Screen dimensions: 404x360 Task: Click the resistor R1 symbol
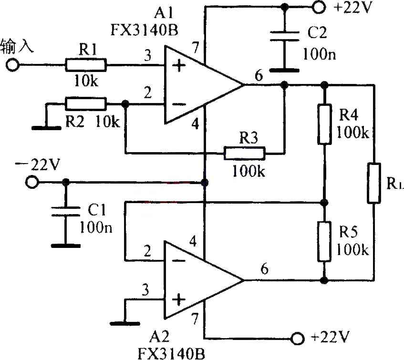[85, 65]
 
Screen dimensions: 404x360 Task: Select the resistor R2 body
[85, 103]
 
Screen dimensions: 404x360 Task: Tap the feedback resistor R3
[244, 154]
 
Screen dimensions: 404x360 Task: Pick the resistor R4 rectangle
[325, 124]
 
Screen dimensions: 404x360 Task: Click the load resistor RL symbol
[373, 183]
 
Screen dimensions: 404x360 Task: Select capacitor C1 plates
[65, 211]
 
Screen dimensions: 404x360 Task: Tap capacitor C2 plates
[284, 36]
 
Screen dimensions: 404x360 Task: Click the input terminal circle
[12, 65]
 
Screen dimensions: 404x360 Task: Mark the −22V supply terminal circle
[32, 182]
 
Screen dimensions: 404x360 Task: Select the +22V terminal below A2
[298, 339]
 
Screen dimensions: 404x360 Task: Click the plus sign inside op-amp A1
[178, 66]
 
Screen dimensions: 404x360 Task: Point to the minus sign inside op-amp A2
[178, 261]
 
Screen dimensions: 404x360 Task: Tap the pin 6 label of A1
[259, 75]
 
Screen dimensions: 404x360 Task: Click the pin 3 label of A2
[145, 290]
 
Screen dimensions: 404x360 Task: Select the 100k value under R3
[249, 171]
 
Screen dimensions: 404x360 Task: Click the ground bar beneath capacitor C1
[66, 246]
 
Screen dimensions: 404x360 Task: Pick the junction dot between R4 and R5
[324, 202]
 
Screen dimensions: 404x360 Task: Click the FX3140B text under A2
[171, 353]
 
